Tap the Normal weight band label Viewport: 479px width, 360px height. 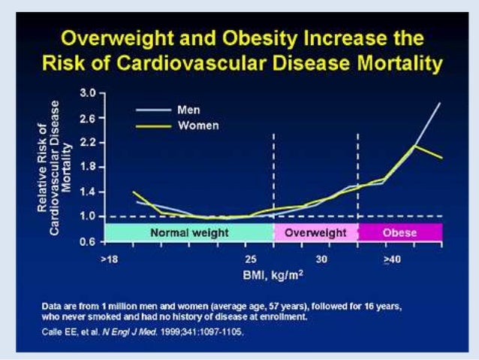pyautogui.click(x=181, y=233)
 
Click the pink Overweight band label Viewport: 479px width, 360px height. pyautogui.click(x=315, y=233)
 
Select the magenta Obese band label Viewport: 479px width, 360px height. pyautogui.click(x=399, y=233)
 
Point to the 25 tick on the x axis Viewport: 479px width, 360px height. pyautogui.click(x=252, y=259)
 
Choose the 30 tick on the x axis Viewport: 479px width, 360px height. pyautogui.click(x=321, y=259)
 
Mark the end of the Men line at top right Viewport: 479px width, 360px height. pyautogui.click(x=440, y=102)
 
